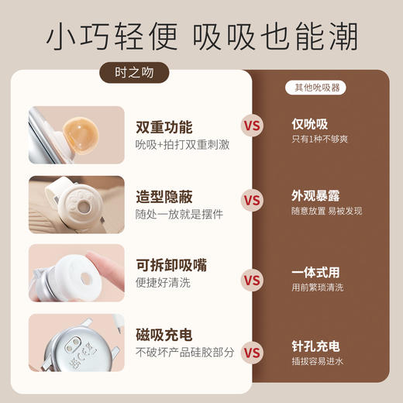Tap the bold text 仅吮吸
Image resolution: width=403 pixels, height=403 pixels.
click(309, 125)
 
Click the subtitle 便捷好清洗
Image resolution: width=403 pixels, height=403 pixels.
click(163, 283)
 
